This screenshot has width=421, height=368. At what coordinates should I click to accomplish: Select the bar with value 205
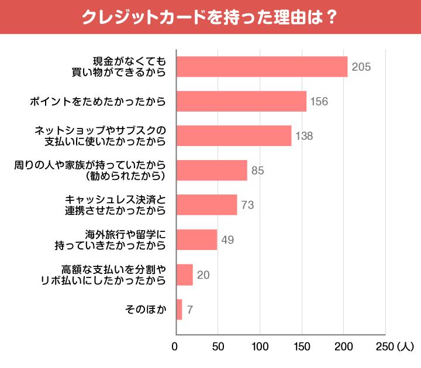(261, 67)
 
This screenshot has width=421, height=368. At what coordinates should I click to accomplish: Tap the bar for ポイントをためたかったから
(241, 101)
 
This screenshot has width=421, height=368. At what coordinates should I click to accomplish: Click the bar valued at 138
(233, 136)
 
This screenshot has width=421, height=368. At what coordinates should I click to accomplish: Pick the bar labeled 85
(211, 171)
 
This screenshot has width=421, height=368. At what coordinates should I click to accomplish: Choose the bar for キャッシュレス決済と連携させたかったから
(206, 205)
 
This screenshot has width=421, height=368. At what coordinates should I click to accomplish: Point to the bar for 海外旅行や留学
(196, 239)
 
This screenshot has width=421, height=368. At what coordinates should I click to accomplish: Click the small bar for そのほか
(179, 309)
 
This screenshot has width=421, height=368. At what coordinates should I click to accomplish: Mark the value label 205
(361, 67)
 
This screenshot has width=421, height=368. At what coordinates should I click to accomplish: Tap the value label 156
(319, 102)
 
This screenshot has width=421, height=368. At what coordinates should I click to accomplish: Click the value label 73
(248, 206)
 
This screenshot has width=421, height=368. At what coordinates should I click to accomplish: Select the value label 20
(203, 275)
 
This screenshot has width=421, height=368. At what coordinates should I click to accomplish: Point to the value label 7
(190, 310)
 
